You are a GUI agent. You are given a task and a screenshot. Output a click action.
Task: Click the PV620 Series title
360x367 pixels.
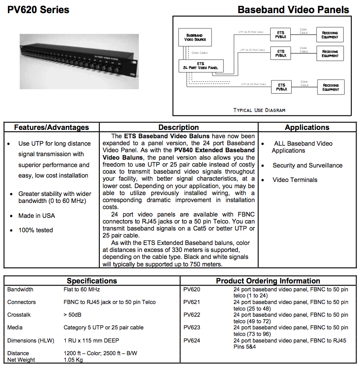pyautogui.click(x=38, y=9)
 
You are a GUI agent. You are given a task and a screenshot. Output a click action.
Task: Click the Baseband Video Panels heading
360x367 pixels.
pyautogui.click(x=293, y=10)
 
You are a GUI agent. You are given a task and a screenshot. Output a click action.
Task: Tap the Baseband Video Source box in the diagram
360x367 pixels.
pyautogui.click(x=195, y=37)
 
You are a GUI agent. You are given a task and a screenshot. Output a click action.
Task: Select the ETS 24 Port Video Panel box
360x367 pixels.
pyautogui.click(x=201, y=66)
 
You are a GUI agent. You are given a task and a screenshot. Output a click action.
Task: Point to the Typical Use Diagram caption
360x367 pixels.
pyautogui.click(x=259, y=110)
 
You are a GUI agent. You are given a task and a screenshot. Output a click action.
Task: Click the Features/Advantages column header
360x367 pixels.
pyautogui.click(x=51, y=127)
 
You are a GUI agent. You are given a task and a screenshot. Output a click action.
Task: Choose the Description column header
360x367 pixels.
pyautogui.click(x=178, y=127)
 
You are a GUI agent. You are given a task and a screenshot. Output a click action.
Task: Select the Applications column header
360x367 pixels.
pyautogui.click(x=307, y=127)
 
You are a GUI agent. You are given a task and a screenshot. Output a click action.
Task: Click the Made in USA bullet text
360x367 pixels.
pyautogui.click(x=37, y=216)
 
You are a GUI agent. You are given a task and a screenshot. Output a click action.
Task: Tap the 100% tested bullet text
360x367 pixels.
pyautogui.click(x=35, y=230)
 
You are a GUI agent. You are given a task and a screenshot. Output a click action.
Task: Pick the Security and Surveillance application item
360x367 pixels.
pyautogui.click(x=307, y=165)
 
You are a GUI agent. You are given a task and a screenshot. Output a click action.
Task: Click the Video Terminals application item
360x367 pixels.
pyautogui.click(x=295, y=180)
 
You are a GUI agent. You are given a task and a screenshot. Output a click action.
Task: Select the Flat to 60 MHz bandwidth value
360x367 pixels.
pyautogui.click(x=82, y=290)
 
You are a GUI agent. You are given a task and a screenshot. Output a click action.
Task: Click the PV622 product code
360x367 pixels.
pyautogui.click(x=192, y=315)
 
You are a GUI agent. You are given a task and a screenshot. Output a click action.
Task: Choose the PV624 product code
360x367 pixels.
pyautogui.click(x=192, y=340)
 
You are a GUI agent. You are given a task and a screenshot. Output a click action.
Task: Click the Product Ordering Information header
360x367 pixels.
pyautogui.click(x=268, y=281)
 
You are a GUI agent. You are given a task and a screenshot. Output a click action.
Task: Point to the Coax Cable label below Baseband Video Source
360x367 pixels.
pyautogui.click(x=200, y=52)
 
